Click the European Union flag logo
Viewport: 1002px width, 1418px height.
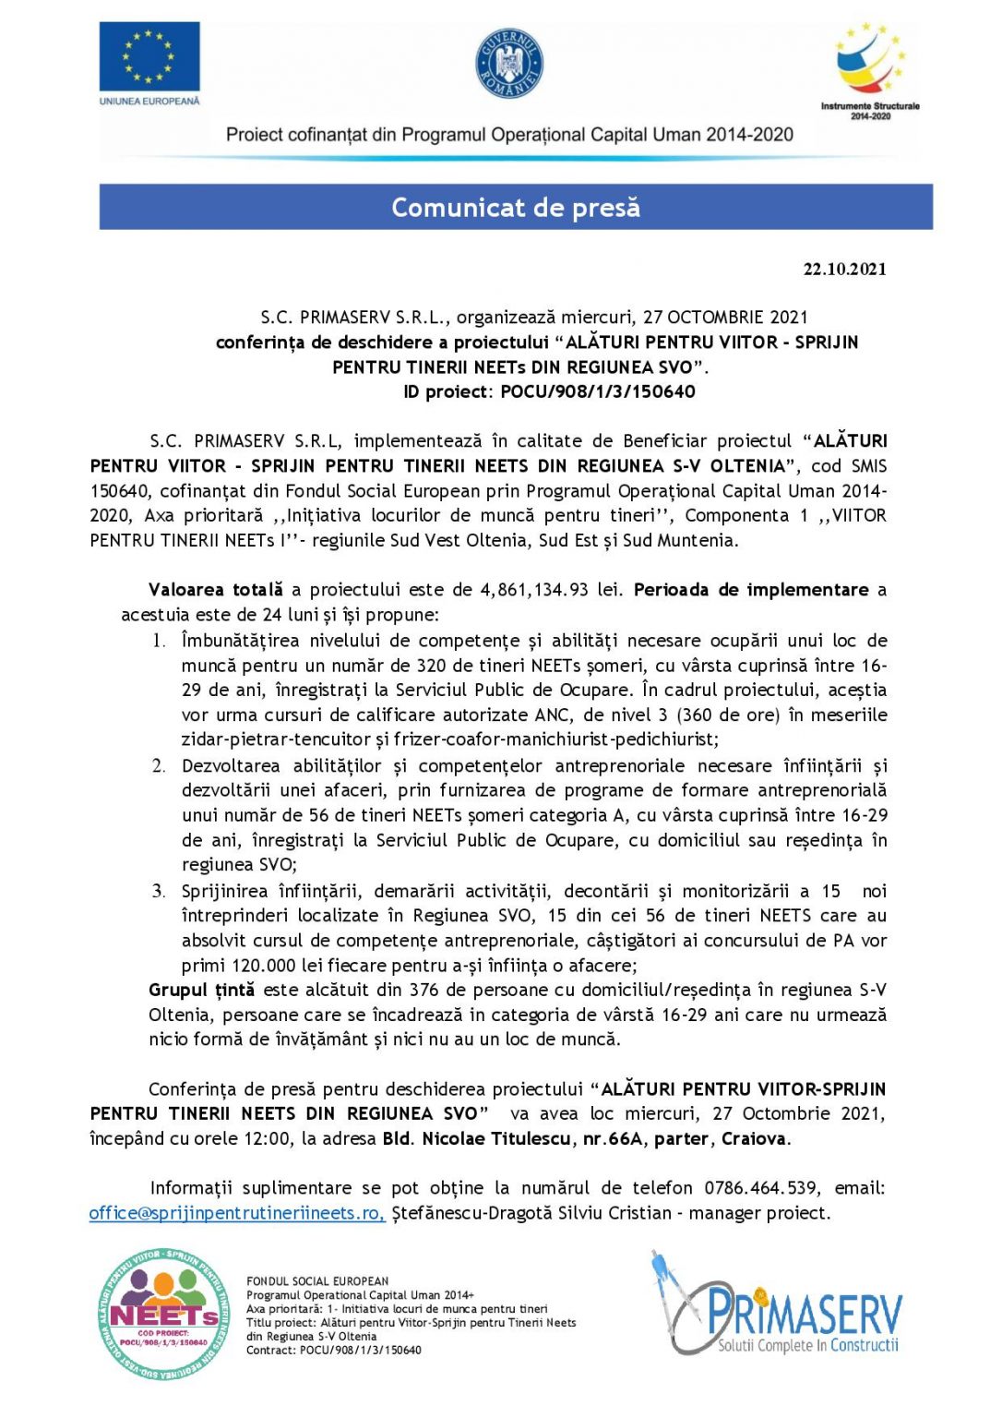click(149, 56)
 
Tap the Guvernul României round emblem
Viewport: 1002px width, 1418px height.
click(509, 63)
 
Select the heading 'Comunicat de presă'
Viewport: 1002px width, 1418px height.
click(516, 207)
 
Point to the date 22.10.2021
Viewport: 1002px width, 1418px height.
click(844, 270)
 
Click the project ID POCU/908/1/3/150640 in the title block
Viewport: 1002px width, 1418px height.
click(598, 391)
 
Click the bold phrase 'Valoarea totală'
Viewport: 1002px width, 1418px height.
click(216, 590)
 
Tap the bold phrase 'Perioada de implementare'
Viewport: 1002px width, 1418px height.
click(751, 590)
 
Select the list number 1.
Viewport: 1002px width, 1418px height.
click(159, 641)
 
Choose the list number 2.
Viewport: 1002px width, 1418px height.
click(159, 766)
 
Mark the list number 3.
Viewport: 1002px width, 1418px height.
click(159, 892)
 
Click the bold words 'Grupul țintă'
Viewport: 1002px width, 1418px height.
click(201, 991)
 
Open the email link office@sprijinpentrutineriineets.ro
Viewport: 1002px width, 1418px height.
click(237, 1213)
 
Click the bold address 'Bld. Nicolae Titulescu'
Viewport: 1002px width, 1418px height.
click(476, 1139)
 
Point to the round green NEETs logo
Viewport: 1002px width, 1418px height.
click(163, 1312)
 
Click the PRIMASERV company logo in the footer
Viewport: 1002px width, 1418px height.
click(777, 1304)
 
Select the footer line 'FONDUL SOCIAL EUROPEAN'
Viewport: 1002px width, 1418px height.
click(317, 1281)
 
